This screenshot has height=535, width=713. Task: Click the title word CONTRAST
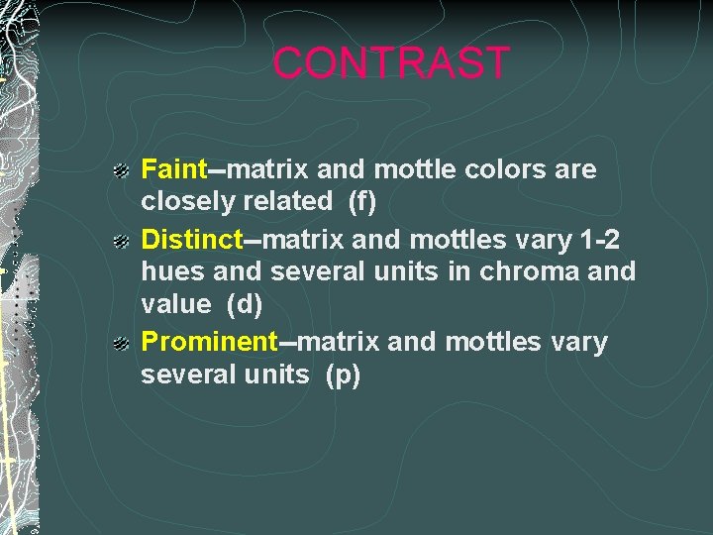pos(390,63)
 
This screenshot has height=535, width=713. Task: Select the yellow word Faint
pos(173,169)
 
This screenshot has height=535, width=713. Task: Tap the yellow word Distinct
pos(192,239)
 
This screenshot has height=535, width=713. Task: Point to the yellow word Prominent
pos(209,342)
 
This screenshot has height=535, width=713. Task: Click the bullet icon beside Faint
pos(120,171)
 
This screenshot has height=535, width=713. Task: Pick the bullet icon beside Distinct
pos(120,241)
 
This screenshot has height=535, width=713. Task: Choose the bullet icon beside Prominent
pos(120,344)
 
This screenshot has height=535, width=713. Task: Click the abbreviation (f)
pos(363,201)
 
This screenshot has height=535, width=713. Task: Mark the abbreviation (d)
pos(245,305)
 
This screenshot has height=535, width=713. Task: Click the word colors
pos(502,169)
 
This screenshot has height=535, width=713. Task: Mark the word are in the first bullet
pos(576,170)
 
